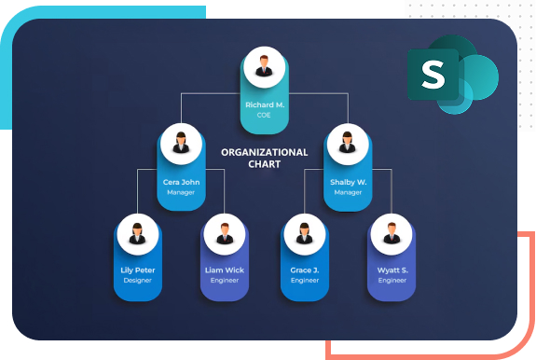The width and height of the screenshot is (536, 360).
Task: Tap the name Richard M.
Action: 265,105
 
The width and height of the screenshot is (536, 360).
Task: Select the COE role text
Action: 265,116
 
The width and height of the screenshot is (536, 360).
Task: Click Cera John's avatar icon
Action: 180,143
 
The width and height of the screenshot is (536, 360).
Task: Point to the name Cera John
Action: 180,182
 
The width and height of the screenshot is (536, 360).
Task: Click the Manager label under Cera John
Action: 180,193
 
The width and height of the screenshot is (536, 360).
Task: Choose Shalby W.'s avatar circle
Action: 348,143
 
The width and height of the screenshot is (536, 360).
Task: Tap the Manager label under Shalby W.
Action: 348,193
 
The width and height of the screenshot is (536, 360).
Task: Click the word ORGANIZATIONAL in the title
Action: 264,152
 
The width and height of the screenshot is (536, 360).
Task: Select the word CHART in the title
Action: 264,164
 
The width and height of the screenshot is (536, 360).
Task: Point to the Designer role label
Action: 136,280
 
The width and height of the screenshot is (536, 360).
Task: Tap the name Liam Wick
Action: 224,270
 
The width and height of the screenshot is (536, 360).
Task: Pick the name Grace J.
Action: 304,270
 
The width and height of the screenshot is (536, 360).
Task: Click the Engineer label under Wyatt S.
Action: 392,280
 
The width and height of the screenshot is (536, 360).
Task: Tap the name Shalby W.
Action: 348,182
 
